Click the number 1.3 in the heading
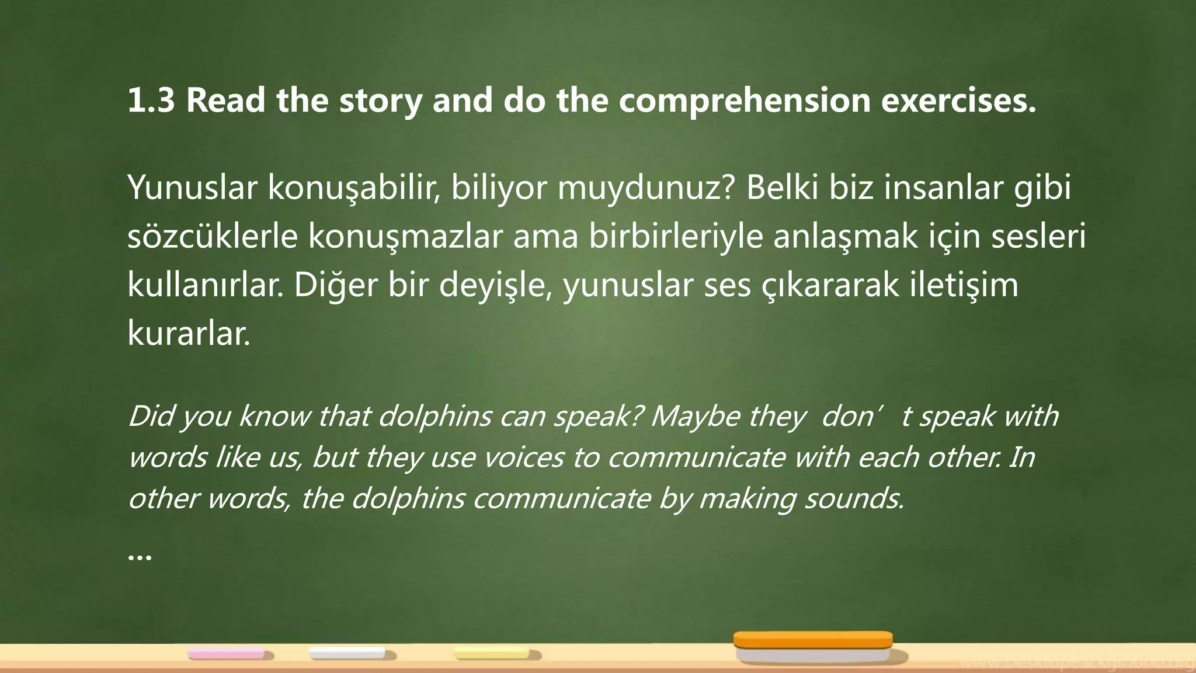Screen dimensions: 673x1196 point(151,100)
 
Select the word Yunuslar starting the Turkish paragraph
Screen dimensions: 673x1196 point(192,188)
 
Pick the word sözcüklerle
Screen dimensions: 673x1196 point(213,237)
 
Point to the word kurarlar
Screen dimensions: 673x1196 point(189,334)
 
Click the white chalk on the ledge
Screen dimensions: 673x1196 point(347,653)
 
